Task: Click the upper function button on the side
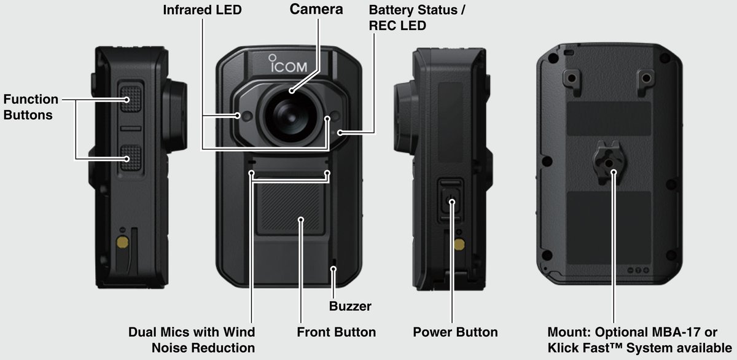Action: tap(131, 99)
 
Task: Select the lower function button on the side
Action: tap(131, 158)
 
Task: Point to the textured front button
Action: tap(289, 209)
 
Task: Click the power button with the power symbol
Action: tap(451, 200)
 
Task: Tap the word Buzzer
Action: tap(350, 307)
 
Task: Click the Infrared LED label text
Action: tap(202, 10)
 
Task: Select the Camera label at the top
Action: tap(316, 9)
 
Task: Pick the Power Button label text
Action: tap(455, 332)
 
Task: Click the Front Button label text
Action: tap(337, 332)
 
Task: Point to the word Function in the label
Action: tap(31, 100)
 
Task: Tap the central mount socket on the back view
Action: tap(608, 163)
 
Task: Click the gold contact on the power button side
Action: tap(459, 244)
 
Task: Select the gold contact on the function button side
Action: tap(123, 243)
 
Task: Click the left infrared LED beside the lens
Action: tap(246, 115)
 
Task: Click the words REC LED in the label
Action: tap(397, 26)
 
